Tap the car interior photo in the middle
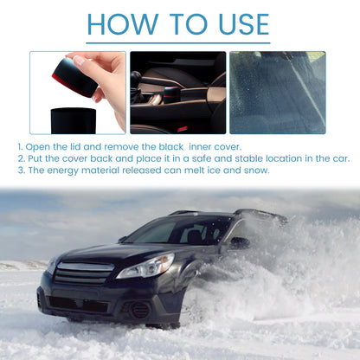click(177, 92)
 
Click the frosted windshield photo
click(277, 92)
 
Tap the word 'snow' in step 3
click(256, 170)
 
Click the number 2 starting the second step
click(19, 158)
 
